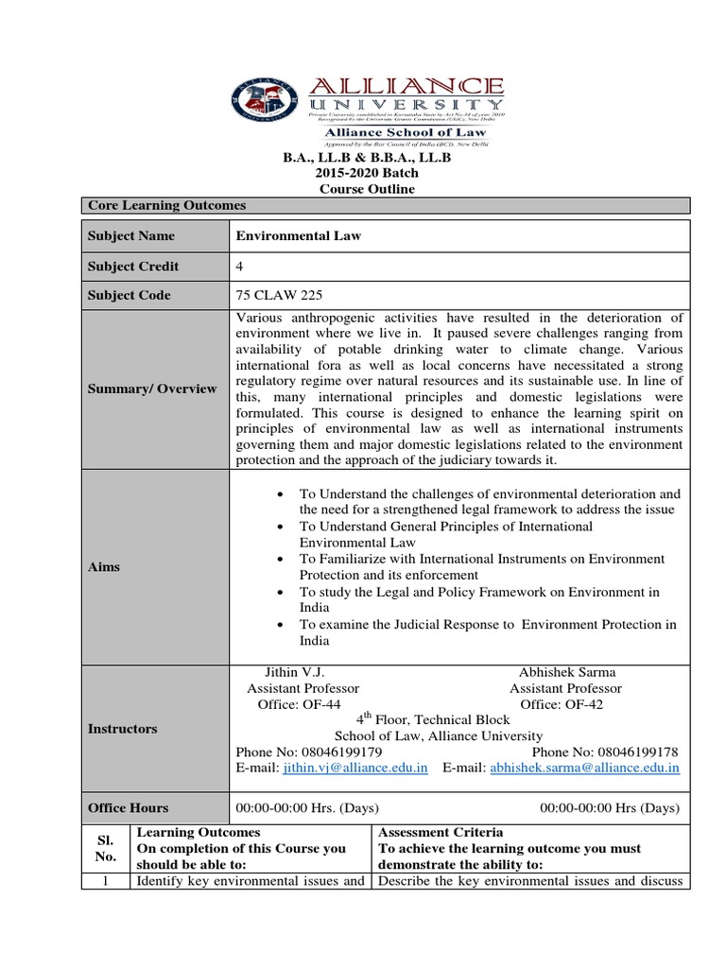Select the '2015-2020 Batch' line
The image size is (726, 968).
click(x=365, y=173)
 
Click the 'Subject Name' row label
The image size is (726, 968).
click(x=131, y=236)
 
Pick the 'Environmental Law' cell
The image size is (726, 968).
click(x=298, y=236)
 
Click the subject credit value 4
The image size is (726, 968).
click(x=239, y=266)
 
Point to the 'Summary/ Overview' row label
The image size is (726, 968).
click(x=152, y=389)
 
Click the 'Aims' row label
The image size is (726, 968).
click(x=104, y=567)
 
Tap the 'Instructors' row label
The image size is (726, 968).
click(x=122, y=729)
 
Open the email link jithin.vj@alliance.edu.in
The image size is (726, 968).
click(x=357, y=769)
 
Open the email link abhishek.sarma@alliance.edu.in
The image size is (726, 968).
click(x=584, y=769)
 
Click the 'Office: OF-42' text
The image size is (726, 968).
click(x=562, y=704)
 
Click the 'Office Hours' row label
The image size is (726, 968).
click(x=128, y=808)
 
